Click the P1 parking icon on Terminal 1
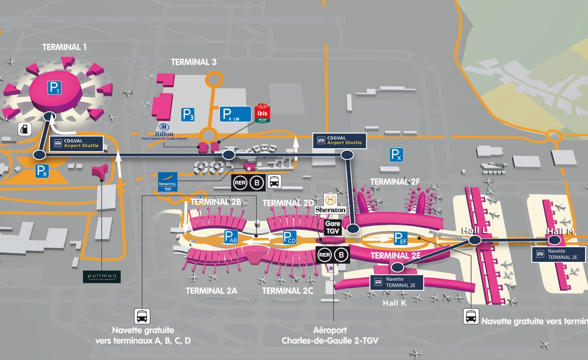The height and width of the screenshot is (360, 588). tap(55, 88)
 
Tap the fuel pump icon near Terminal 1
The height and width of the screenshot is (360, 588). tap(25, 129)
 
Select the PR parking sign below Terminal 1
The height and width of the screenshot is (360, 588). tap(42, 171)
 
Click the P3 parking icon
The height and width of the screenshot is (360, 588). tap(188, 114)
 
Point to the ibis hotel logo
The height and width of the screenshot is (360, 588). tap(262, 114)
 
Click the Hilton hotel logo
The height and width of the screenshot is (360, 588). tap(164, 130)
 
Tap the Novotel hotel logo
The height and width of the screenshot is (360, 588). tap(167, 182)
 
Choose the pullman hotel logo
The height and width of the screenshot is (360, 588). tap(102, 277)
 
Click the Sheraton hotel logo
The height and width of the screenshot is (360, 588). tap(330, 203)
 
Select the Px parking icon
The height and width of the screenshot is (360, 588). tap(397, 154)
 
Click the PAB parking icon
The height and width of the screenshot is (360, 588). tap(231, 237)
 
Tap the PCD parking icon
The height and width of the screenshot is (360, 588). tap(290, 237)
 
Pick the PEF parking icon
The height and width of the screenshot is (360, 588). tap(401, 238)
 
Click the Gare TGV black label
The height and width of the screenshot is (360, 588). tap(333, 227)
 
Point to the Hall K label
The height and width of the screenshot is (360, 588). tap(394, 303)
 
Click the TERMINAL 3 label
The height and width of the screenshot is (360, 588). tap(194, 62)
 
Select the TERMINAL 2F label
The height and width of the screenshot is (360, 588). tap(395, 182)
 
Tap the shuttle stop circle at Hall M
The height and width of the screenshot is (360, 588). tap(554, 239)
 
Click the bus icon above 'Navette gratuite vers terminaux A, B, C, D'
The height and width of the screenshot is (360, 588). tap(142, 316)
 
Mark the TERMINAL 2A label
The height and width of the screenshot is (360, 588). tap(211, 291)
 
